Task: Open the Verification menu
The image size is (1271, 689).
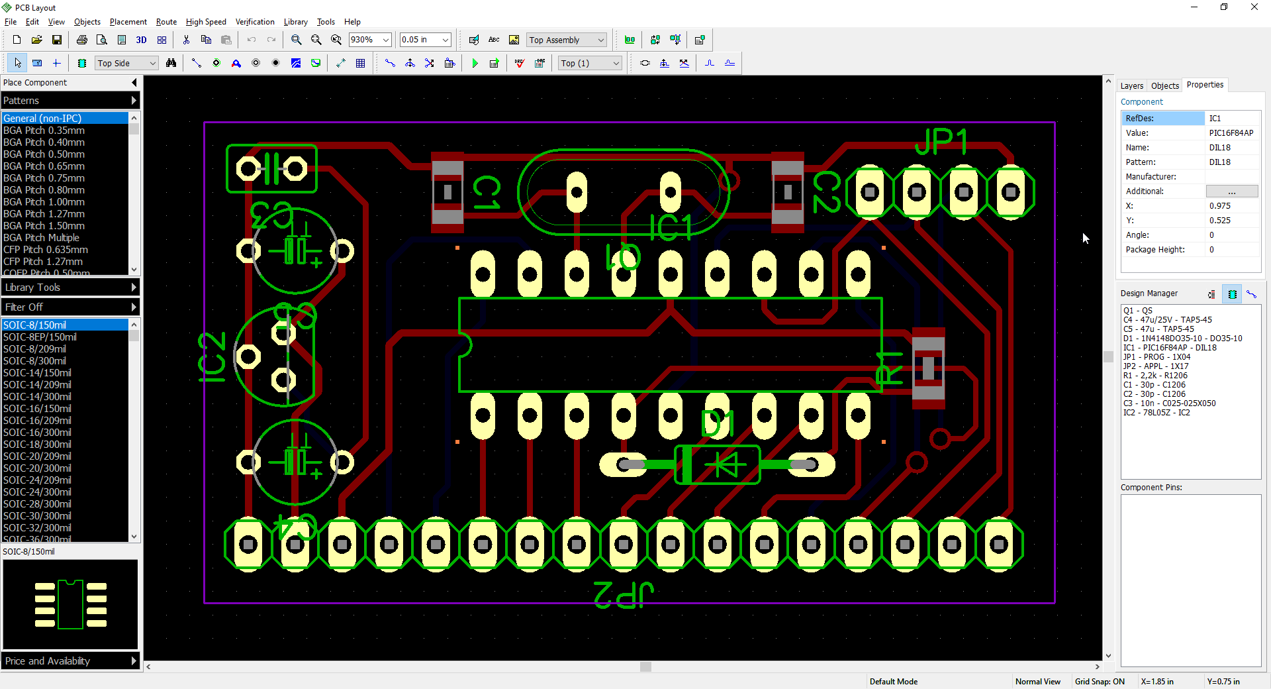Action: (254, 22)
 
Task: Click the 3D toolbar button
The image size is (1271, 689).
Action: (141, 40)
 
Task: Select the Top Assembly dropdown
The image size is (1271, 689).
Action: (566, 40)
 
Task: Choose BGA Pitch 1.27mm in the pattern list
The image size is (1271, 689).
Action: (44, 214)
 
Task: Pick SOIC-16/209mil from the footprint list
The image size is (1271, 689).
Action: (37, 421)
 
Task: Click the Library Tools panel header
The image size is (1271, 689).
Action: (70, 288)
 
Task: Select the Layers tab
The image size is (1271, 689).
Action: (1131, 85)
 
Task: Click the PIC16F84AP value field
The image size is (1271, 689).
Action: (1231, 133)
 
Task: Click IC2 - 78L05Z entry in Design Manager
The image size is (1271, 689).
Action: (1156, 413)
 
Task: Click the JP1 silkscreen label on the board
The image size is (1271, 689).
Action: (941, 142)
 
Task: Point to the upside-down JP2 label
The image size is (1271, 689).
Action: (623, 594)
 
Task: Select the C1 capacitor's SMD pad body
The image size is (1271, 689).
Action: (447, 192)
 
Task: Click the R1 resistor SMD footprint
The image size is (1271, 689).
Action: (928, 368)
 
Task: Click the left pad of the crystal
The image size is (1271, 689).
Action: (577, 193)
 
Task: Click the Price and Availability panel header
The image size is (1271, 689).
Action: (70, 661)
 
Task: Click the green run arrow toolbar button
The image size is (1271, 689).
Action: (475, 64)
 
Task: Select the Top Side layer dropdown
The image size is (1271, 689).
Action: (126, 64)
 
